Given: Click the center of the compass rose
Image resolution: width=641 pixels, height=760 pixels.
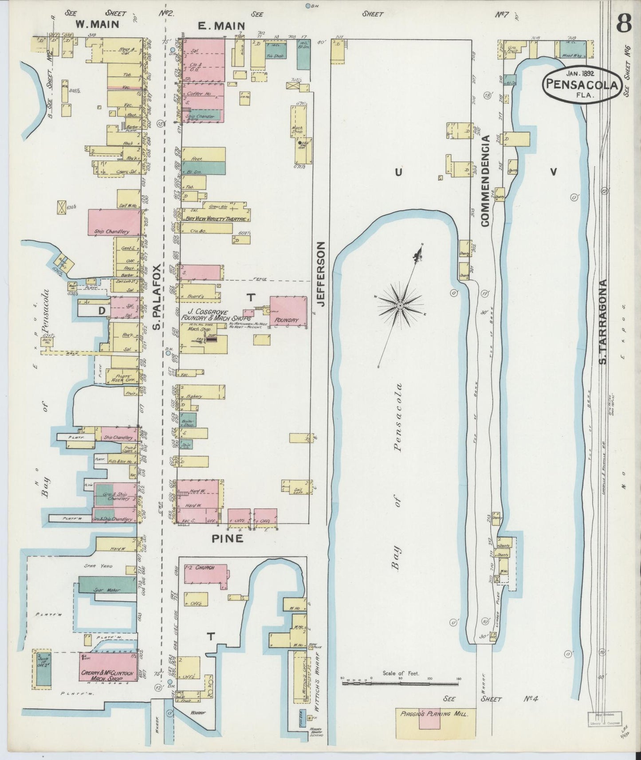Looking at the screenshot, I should pyautogui.click(x=400, y=306).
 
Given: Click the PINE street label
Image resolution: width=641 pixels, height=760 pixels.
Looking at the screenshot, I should pyautogui.click(x=227, y=539).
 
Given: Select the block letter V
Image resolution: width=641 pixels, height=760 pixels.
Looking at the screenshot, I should pyautogui.click(x=553, y=172).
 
